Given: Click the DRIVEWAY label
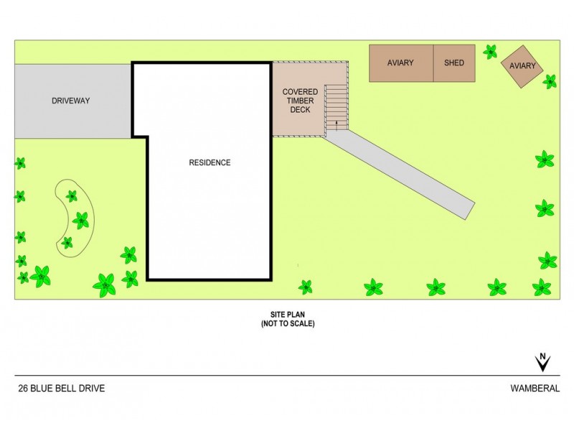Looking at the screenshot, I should pyautogui.click(x=71, y=101).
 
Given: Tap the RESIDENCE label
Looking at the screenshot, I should pyautogui.click(x=210, y=162).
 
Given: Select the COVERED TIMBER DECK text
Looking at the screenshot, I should pyautogui.click(x=300, y=101).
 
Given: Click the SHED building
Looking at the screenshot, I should pyautogui.click(x=454, y=63).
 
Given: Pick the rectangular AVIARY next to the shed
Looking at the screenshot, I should pyautogui.click(x=400, y=63).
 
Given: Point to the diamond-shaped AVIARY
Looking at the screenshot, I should pyautogui.click(x=522, y=66).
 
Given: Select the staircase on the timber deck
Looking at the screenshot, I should pyautogui.click(x=337, y=107).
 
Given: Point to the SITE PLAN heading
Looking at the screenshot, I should pyautogui.click(x=287, y=315).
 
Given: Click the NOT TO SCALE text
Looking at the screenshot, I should pyautogui.click(x=287, y=324).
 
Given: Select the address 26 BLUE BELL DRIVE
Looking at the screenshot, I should pyautogui.click(x=62, y=389).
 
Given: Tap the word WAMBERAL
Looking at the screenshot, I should pyautogui.click(x=535, y=389).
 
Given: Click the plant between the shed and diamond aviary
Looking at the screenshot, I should pyautogui.click(x=490, y=51).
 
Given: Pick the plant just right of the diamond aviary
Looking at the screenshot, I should pyautogui.click(x=550, y=81).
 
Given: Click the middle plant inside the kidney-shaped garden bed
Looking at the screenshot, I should pyautogui.click(x=81, y=220).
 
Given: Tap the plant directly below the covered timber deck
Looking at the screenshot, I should pyautogui.click(x=306, y=287).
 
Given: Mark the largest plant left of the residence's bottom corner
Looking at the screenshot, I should pyautogui.click(x=105, y=284).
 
